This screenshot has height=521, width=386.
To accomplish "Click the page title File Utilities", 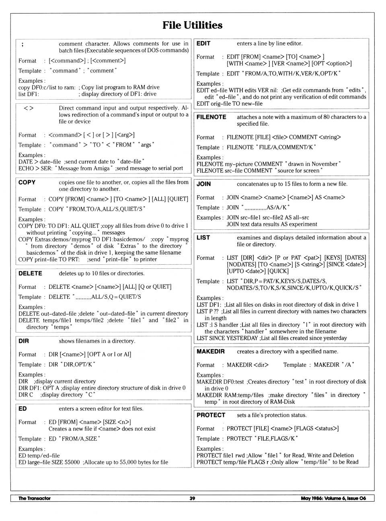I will point(192,25).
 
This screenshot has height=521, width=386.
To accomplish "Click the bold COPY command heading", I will point(27,182).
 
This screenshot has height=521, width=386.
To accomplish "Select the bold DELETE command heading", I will point(30,274).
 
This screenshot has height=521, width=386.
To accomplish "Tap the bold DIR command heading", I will point(24,341).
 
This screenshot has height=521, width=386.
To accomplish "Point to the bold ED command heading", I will point(23,409).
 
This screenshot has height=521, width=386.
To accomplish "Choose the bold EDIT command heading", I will point(203,43).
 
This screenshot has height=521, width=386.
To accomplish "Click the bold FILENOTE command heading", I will point(211,117).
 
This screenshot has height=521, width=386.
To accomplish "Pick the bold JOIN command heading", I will point(203,184).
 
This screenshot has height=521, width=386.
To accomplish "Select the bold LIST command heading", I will point(203,237).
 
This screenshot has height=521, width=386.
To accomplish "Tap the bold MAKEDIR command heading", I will point(211,351).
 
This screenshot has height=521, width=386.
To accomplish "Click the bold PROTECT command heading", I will point(211,415).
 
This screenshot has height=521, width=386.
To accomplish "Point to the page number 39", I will point(192,498).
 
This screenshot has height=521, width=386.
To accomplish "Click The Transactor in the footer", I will point(35,498).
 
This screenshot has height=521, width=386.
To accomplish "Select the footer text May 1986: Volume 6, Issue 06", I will point(333,498).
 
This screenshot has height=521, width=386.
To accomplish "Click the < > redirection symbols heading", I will point(29,108).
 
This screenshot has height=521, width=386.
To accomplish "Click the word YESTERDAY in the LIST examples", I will point(239,338).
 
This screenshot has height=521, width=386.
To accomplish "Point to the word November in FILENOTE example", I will point(323,164).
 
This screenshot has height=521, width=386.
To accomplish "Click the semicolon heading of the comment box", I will point(22,45).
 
